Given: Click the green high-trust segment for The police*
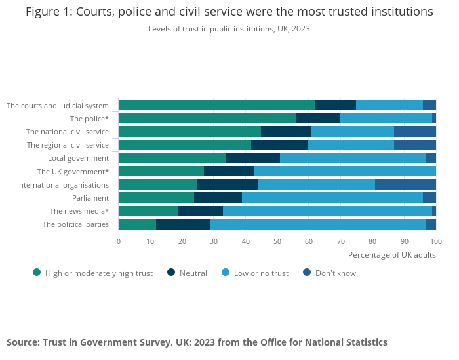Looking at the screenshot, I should [x=207, y=118].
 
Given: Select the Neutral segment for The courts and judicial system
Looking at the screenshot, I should [x=335, y=105].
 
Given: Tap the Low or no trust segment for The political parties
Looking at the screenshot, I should [x=317, y=224].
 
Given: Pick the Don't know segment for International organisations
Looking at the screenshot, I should [x=405, y=184].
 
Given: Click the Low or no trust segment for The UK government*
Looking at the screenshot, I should [x=345, y=171].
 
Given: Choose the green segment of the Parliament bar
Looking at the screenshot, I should [x=156, y=197].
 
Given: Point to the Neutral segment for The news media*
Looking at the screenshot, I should [x=201, y=211].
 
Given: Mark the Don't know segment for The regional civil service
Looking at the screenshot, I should [x=415, y=145].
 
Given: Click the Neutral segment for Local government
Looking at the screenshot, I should [x=253, y=158].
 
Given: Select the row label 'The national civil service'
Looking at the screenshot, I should [x=68, y=132].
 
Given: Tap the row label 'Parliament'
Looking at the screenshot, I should [x=90, y=198].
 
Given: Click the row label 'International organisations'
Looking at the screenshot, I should [x=63, y=185].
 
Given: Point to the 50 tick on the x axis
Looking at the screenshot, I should [x=277, y=241].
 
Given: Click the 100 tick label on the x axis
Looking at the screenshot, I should [x=436, y=241].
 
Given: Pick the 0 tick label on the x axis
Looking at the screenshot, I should [x=119, y=241].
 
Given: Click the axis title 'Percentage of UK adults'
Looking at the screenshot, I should [x=391, y=255].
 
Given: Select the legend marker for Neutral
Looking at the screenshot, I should [x=172, y=273].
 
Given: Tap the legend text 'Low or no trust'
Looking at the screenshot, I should [x=262, y=273].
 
